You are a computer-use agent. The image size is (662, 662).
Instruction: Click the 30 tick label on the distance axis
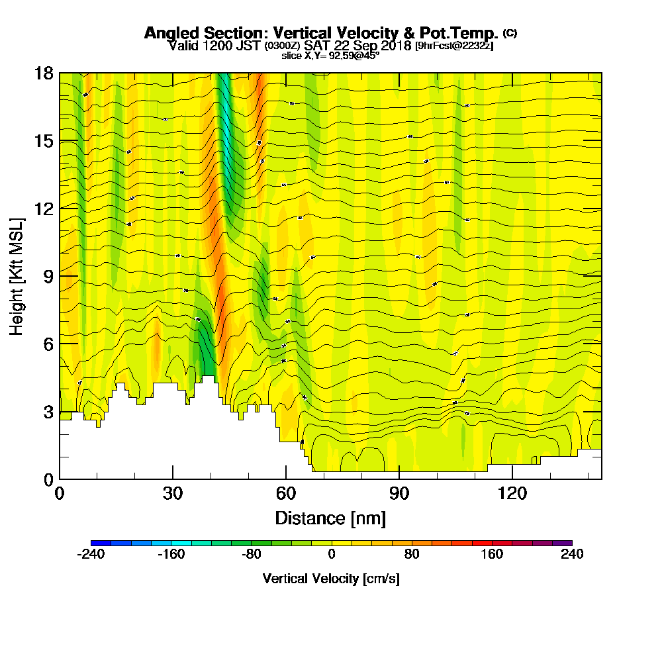(x=173, y=493)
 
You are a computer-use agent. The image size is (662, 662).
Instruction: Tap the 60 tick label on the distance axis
(x=286, y=493)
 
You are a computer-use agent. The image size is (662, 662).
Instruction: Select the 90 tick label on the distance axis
(x=399, y=493)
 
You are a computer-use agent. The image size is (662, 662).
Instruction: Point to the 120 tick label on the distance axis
(x=512, y=493)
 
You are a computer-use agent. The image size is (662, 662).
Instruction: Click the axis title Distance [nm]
(x=330, y=517)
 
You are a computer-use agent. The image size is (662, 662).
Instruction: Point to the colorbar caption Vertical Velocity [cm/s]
(x=331, y=579)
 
